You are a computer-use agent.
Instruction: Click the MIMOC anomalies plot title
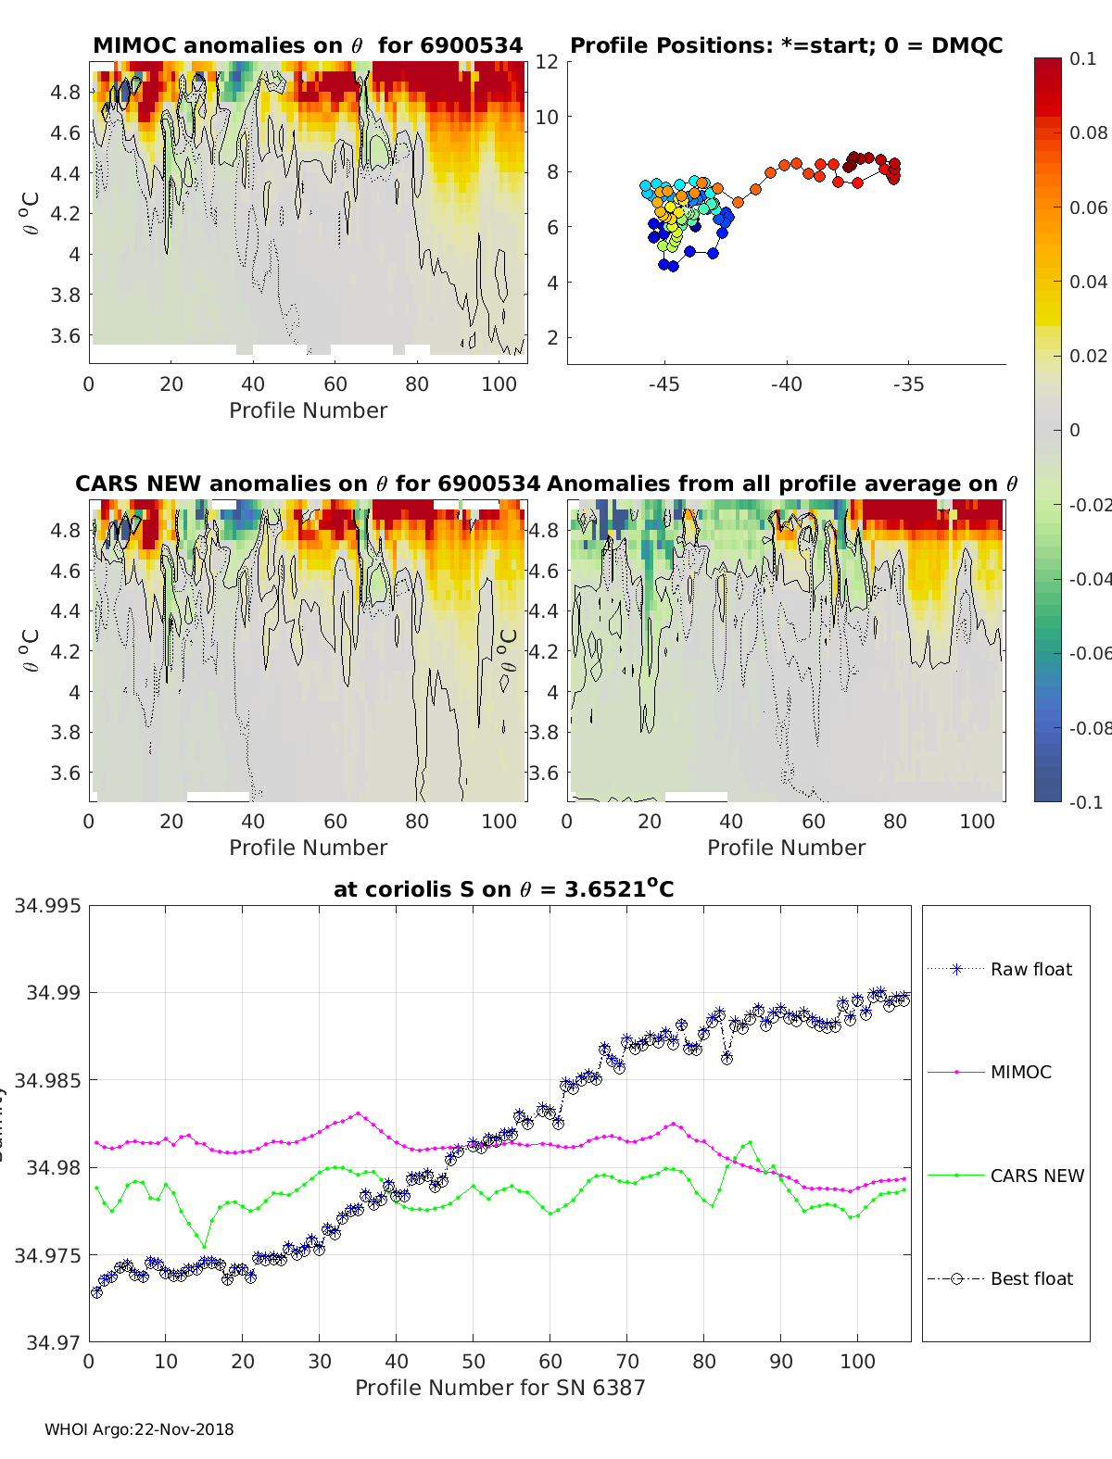[308, 45]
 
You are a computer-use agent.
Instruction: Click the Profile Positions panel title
[786, 45]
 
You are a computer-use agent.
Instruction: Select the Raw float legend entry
[1030, 969]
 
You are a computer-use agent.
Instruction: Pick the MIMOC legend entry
[1020, 1072]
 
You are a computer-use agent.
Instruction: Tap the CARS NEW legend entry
[1036, 1176]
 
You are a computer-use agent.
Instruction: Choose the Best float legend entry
[1030, 1278]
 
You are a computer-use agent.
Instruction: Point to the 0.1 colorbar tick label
[1082, 58]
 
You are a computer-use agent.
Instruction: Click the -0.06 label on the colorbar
[1088, 653]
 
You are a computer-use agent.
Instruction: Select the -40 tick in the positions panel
[786, 384]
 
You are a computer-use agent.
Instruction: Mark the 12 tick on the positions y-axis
[547, 62]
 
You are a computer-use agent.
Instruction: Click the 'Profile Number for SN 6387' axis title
[499, 1388]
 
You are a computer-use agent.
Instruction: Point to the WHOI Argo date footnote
[139, 1429]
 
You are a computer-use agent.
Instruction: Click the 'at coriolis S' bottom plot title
[503, 889]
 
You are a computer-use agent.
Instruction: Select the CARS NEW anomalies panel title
[308, 484]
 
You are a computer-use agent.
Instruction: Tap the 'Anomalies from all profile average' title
[782, 484]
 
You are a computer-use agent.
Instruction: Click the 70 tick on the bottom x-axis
[627, 1362]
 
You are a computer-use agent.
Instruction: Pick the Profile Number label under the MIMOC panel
[308, 410]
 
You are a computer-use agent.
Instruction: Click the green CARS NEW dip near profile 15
[205, 1246]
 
